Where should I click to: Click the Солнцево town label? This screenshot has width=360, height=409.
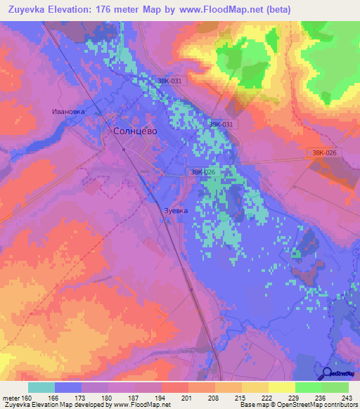[x=135, y=131]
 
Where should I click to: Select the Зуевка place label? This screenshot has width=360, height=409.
[x=176, y=209]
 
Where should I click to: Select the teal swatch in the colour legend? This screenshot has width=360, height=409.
[x=41, y=387]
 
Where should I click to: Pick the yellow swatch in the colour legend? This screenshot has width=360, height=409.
[x=282, y=387]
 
